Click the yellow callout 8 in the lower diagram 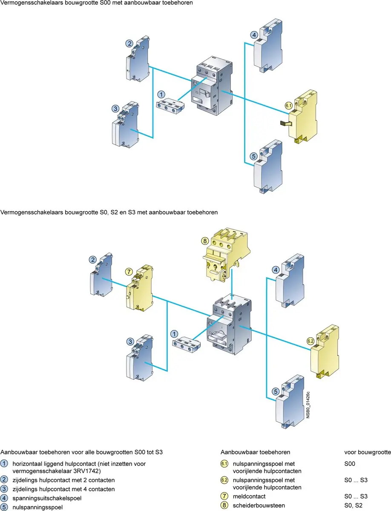click(x=205, y=241)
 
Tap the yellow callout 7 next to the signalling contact click(x=129, y=271)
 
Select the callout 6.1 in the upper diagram click(x=288, y=106)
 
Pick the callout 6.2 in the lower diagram click(x=310, y=341)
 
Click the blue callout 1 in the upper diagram click(x=161, y=95)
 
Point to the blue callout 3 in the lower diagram click(x=130, y=342)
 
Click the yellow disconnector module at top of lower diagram click(x=226, y=255)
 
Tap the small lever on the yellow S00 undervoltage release click(x=286, y=123)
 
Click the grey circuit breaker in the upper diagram click(x=212, y=86)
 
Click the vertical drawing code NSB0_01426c click(x=308, y=405)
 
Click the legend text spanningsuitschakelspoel click(x=47, y=498)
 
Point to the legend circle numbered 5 click(x=4, y=507)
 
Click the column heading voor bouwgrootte click(x=368, y=452)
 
